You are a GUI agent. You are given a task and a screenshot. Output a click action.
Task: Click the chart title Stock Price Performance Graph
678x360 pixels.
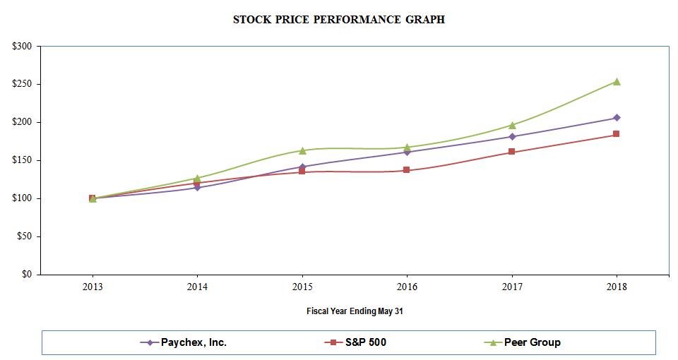(339, 20)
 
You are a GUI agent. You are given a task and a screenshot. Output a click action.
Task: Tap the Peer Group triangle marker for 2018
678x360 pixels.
(617, 82)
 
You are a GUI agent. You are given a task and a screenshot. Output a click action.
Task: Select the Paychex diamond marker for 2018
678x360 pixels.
(617, 118)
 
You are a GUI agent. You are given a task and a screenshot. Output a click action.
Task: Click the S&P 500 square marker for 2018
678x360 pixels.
(617, 134)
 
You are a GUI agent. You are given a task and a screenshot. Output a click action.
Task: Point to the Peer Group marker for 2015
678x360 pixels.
(302, 150)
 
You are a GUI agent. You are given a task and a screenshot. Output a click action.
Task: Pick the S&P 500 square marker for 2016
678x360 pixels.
(407, 170)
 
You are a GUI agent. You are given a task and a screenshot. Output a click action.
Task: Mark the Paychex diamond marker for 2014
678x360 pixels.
(197, 188)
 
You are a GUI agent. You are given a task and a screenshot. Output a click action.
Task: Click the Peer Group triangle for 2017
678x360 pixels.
(512, 125)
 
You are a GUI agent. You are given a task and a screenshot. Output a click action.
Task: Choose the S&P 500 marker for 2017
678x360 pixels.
(512, 152)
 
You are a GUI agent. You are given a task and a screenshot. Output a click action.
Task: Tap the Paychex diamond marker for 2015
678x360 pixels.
(302, 167)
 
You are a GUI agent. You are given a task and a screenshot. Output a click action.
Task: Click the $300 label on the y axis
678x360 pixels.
(23, 47)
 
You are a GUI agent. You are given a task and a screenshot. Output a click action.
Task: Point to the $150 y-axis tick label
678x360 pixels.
(23, 160)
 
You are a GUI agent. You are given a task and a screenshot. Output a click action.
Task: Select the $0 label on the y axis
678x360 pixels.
(26, 275)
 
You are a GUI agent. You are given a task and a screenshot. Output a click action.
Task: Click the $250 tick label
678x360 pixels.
(23, 85)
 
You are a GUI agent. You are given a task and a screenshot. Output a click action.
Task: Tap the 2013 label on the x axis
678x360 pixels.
(93, 287)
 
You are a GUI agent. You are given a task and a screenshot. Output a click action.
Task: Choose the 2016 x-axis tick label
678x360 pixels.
(407, 287)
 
